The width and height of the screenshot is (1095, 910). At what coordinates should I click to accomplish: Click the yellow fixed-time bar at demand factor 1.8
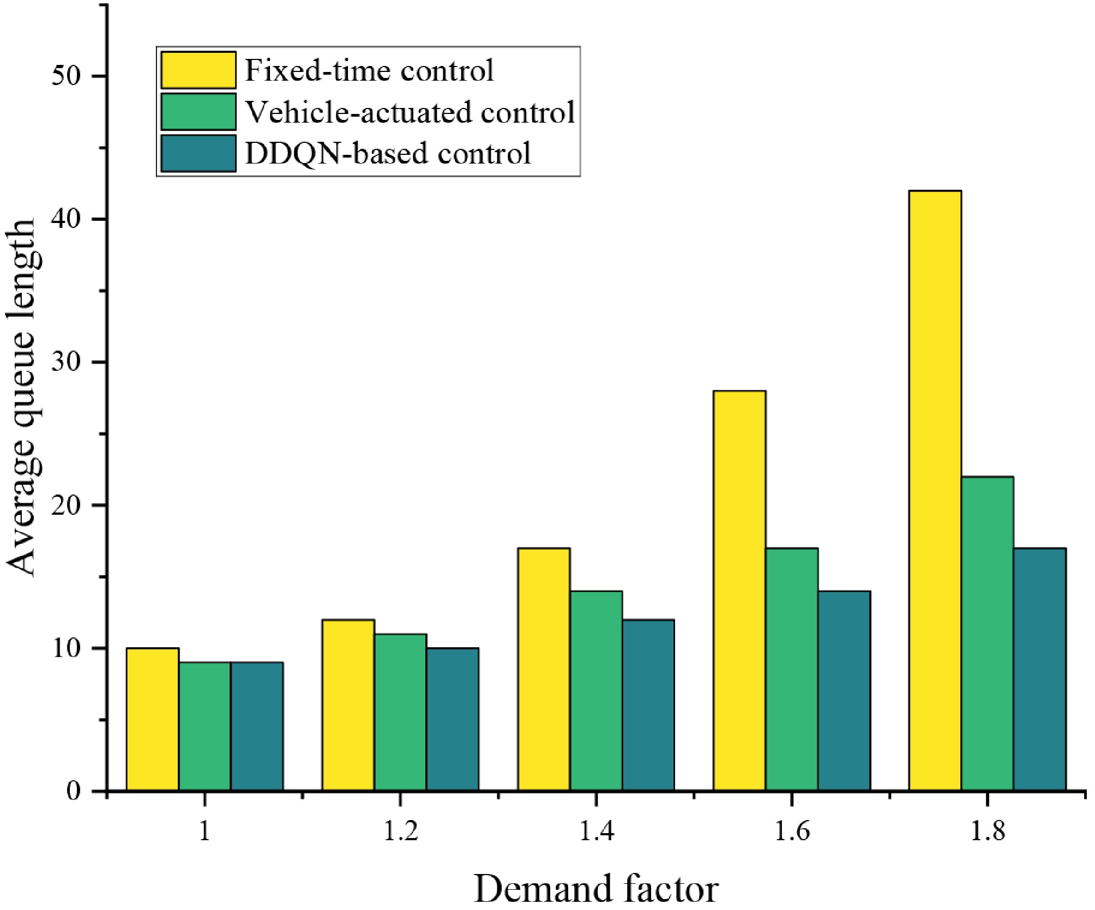point(935,491)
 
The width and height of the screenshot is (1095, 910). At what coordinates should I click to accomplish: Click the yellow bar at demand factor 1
point(152,719)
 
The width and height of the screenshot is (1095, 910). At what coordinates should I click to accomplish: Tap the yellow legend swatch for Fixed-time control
point(198,70)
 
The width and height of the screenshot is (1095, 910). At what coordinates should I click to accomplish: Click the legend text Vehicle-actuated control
point(410,112)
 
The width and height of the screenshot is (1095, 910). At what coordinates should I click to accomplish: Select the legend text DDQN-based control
point(388,154)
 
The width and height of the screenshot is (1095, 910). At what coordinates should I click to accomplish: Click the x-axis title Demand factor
point(596,889)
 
